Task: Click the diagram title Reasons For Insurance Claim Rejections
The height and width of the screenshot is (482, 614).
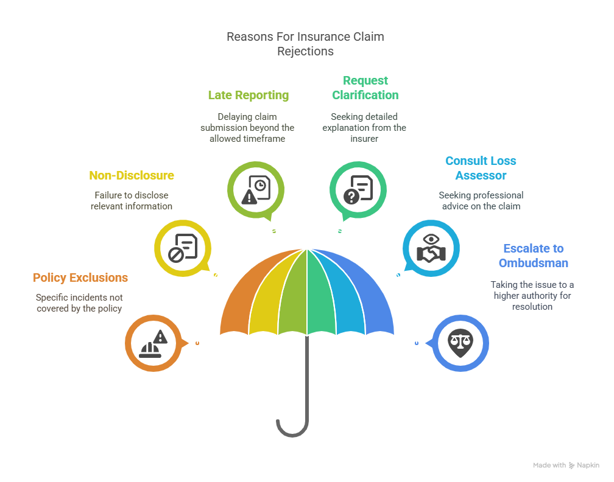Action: click(305, 44)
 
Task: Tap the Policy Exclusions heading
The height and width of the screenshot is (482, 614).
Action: click(80, 278)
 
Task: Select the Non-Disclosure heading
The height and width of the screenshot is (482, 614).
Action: click(132, 175)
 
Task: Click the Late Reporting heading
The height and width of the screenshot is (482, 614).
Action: click(248, 95)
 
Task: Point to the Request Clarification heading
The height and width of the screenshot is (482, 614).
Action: click(365, 88)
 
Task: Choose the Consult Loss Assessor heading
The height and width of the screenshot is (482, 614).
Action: click(481, 168)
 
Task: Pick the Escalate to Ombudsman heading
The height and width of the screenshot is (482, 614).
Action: click(533, 256)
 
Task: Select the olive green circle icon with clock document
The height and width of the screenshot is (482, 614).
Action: click(255, 190)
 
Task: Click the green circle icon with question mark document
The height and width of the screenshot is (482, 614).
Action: click(358, 190)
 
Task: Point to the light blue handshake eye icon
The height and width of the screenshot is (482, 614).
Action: click(431, 248)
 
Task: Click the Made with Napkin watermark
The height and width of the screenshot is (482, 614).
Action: click(566, 465)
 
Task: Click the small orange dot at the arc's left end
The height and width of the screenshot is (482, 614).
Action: click(197, 343)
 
